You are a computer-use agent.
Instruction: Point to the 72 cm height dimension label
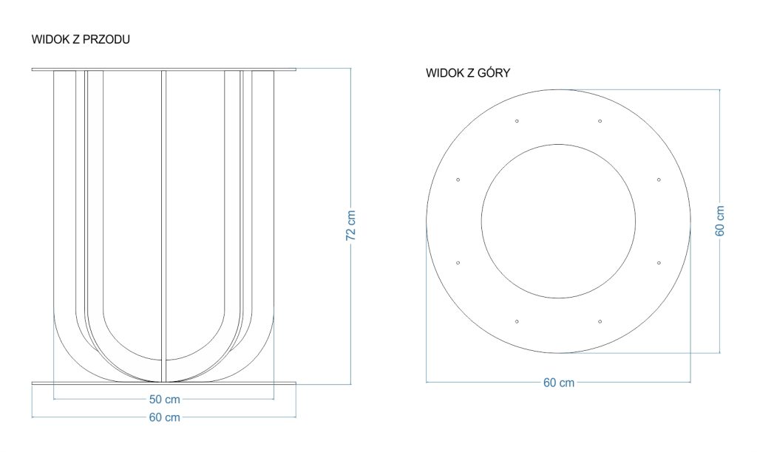point(351,225)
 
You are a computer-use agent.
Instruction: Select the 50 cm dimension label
point(164,400)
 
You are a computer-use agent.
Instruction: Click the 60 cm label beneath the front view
point(164,417)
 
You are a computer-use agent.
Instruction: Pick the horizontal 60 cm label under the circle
point(559,383)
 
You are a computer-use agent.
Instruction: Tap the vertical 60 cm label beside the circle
point(720,221)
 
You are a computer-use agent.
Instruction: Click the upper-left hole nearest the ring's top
point(517,121)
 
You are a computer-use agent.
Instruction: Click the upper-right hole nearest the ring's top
point(600,121)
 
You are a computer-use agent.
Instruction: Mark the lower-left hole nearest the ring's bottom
point(517,321)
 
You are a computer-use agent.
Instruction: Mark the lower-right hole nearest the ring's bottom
point(600,321)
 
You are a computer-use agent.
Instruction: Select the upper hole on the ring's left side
point(458,180)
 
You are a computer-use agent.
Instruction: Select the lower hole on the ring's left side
point(458,263)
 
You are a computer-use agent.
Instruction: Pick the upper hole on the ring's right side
point(659,180)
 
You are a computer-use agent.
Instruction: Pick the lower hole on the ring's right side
point(659,263)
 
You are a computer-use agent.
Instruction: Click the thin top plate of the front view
point(163,69)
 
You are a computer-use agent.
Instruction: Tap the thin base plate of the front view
point(163,383)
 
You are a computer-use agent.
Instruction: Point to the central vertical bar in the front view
point(163,226)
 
